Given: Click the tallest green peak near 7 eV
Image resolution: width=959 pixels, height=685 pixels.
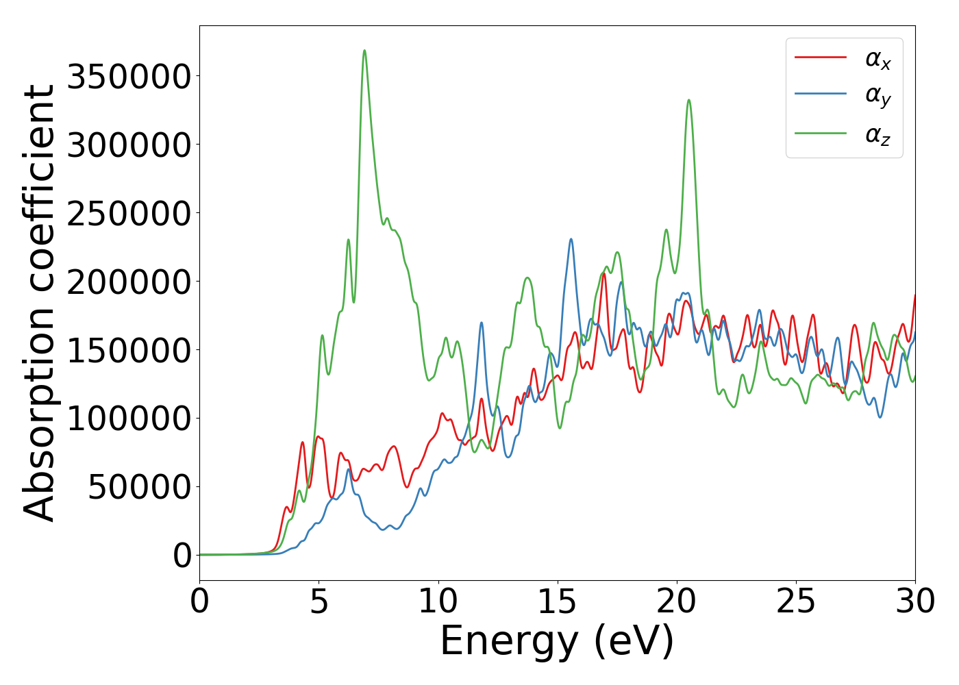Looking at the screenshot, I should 364,51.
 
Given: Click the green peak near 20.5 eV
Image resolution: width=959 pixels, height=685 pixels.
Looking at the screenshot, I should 688,101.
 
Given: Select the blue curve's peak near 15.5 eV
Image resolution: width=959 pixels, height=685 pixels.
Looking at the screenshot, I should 571,240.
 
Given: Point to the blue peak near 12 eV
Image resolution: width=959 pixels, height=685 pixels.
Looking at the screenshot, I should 482,323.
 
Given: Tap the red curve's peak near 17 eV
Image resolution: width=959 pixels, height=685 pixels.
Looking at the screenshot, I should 603,274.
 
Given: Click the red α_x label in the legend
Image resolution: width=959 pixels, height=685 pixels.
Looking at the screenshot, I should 877,60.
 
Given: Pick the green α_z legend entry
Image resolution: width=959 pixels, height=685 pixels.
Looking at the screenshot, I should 877,135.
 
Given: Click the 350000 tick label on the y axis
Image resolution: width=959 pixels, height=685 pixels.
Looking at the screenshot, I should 128,77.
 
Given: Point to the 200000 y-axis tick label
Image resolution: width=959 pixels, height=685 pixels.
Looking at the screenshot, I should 128,282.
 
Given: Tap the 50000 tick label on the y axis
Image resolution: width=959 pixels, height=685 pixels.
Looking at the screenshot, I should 139,487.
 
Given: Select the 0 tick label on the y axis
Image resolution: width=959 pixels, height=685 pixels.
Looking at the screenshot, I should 182,556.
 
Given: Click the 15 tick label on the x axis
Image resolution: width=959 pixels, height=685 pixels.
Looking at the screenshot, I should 558,601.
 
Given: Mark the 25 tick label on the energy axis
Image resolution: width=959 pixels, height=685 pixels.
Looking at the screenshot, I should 796,601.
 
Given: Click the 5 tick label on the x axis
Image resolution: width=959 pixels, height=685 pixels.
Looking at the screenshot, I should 319,601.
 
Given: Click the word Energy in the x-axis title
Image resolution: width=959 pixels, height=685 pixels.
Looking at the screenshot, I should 508,643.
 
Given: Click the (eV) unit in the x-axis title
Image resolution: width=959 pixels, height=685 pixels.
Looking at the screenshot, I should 634,643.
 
